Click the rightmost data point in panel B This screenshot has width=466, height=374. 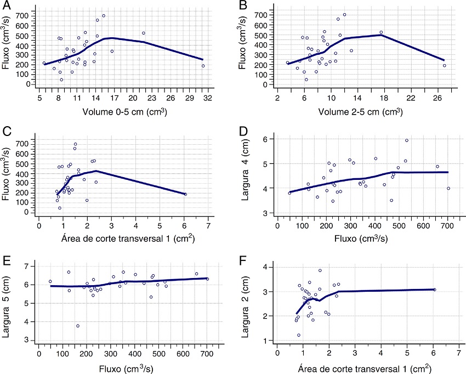445,65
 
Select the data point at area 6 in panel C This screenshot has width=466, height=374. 185,194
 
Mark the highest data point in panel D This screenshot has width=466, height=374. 407,140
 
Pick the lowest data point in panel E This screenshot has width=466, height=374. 78,326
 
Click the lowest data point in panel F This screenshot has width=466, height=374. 299,335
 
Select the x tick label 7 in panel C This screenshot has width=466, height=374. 208,225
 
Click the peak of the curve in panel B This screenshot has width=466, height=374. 380,35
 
